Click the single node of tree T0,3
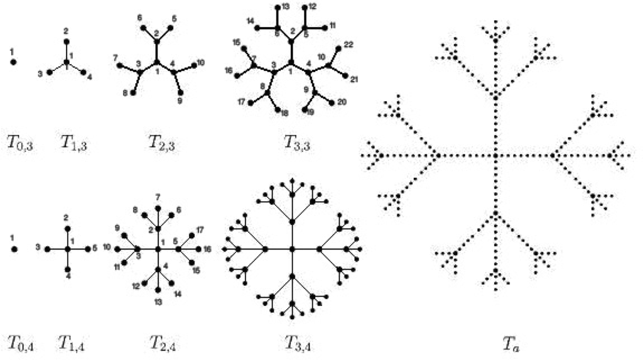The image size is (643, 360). coord(14,63)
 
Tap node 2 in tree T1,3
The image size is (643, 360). coord(67,41)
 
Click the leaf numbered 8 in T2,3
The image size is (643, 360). coord(132,94)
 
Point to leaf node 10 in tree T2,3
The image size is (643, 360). coord(192,65)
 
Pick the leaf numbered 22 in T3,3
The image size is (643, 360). coord(338,48)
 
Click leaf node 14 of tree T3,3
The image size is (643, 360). coord(256,27)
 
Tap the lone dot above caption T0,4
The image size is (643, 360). coord(14,249)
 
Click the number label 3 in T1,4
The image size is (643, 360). coord(38,248)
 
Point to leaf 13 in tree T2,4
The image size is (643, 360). coord(158,290)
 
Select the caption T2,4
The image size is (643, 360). coord(162,342)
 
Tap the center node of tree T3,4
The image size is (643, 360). coord(292,249)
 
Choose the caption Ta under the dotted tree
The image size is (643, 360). coord(510,343)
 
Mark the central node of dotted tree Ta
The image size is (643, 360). coord(495,155)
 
